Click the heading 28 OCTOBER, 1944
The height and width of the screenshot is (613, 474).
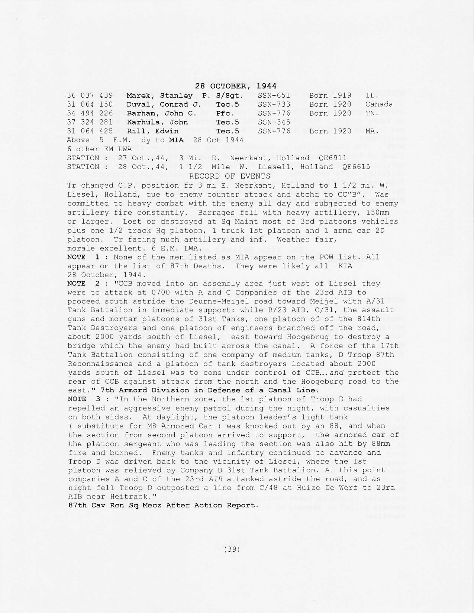coord(236,86)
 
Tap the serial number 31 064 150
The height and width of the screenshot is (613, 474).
coord(90,104)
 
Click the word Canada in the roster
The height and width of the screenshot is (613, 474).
coord(379,104)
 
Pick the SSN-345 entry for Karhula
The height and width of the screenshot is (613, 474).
coord(274,122)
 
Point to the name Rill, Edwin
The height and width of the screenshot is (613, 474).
coord(152,131)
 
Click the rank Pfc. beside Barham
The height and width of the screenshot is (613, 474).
coord(225,113)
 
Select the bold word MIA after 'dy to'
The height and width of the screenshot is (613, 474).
coord(176,140)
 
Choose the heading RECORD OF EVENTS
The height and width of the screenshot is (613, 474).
coord(229,176)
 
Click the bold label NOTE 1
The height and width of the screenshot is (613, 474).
coord(83,257)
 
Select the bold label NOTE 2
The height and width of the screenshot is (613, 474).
coord(83,284)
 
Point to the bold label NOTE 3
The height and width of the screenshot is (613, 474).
coord(83,399)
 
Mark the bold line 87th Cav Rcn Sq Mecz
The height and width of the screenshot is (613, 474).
coord(163,506)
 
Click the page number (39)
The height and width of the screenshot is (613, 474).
coord(232,549)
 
